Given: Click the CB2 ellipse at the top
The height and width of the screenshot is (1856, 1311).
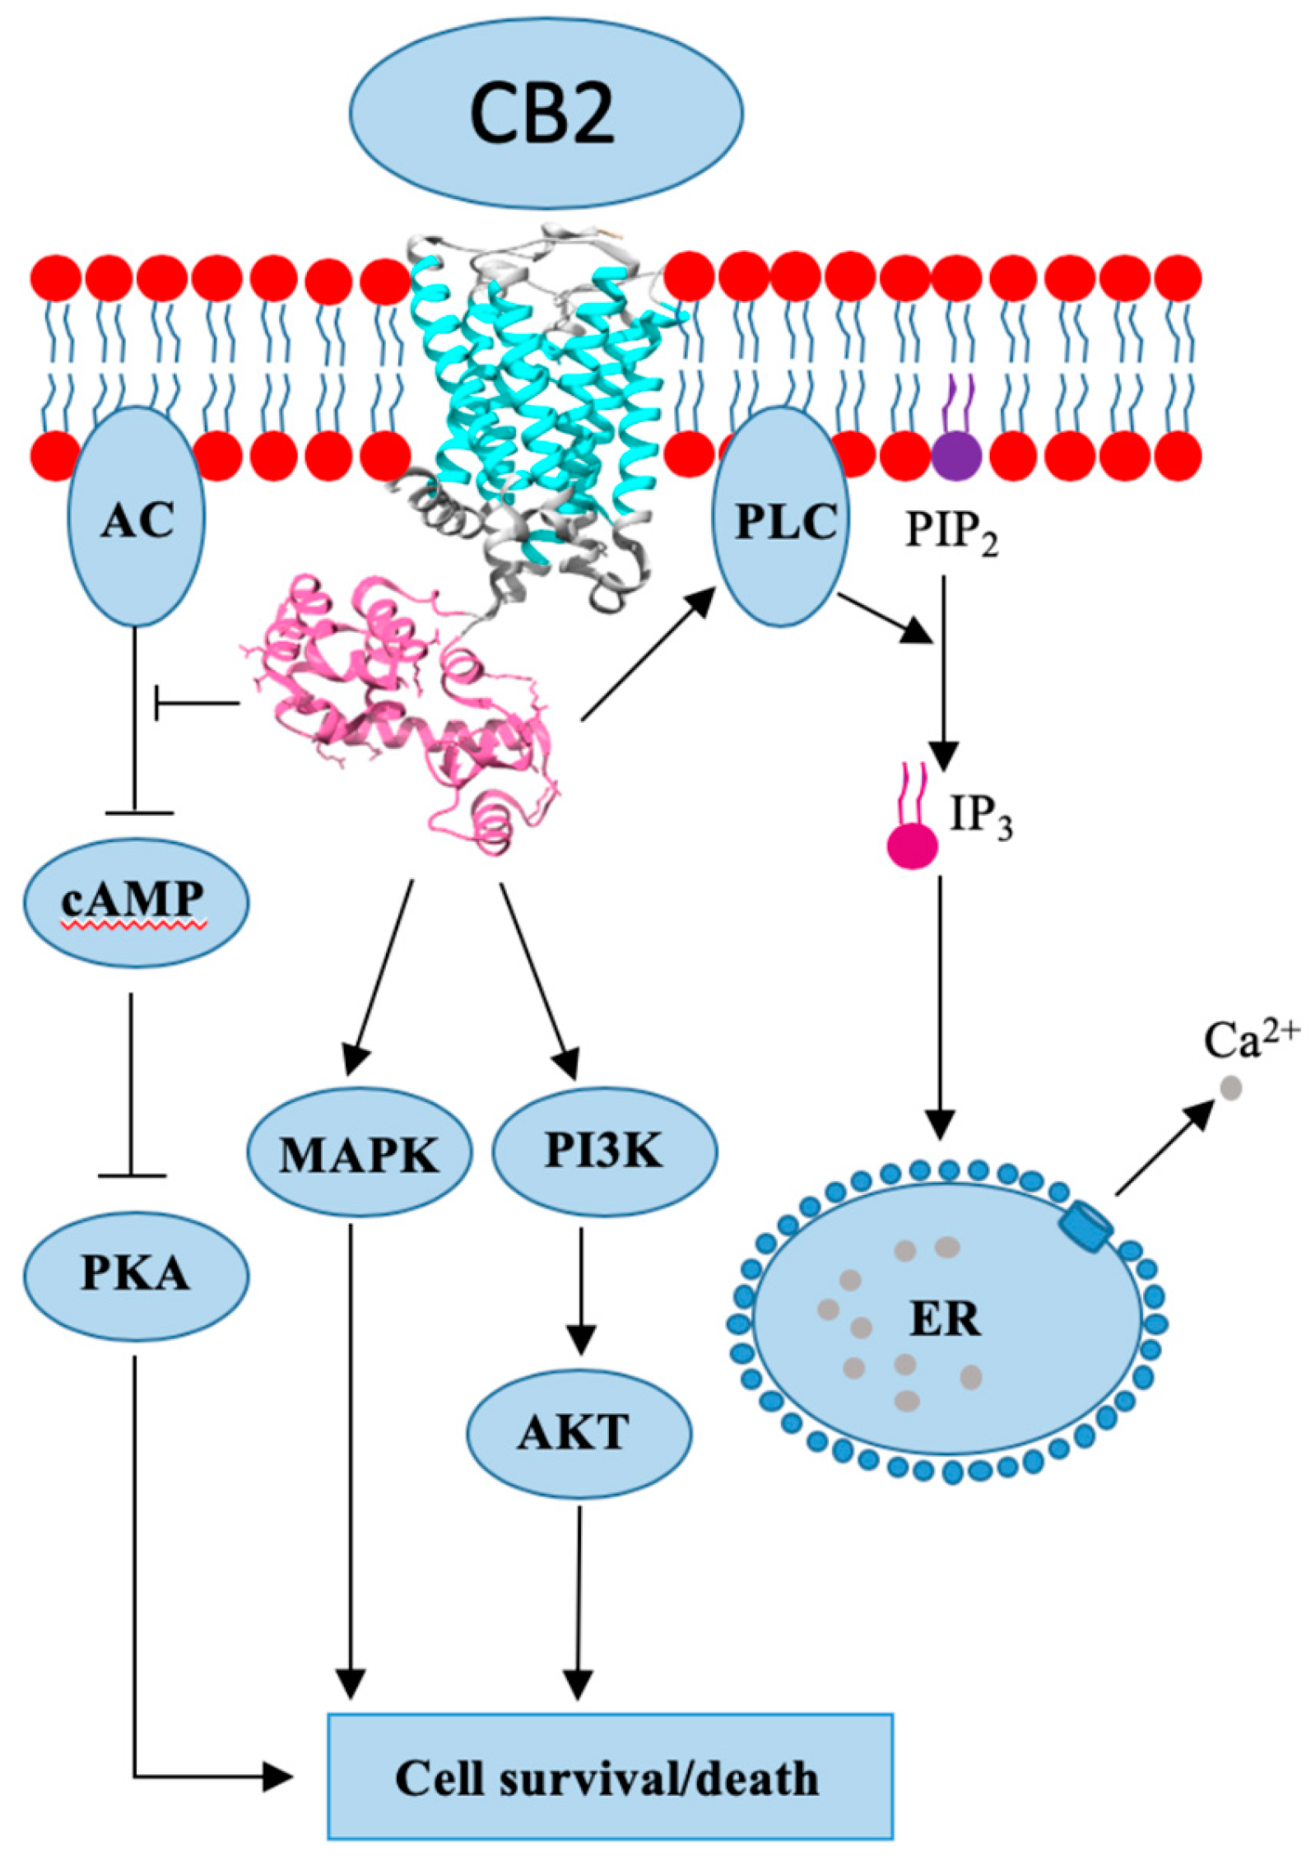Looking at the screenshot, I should click(546, 113).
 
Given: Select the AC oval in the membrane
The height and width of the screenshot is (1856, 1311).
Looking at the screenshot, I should click(137, 517).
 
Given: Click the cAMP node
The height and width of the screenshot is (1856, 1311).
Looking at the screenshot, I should click(135, 901).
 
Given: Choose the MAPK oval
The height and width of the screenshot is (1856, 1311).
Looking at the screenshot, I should click(360, 1154).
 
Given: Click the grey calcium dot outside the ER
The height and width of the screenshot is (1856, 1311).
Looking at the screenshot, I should click(1231, 1088).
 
